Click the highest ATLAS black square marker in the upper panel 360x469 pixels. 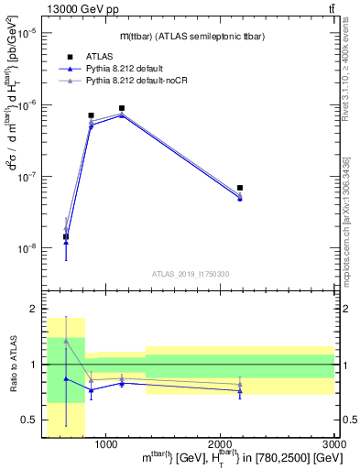[x=122, y=108]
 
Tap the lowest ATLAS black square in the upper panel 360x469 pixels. [x=66, y=237]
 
